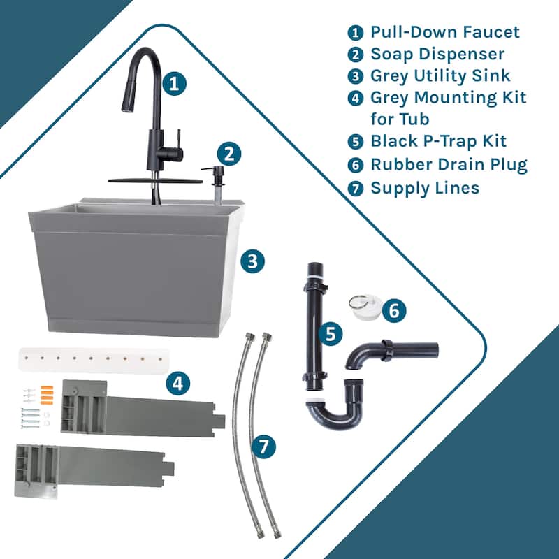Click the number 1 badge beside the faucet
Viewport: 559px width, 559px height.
click(x=175, y=85)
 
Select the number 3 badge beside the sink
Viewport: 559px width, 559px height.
click(x=253, y=261)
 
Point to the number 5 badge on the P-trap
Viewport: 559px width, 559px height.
click(x=328, y=333)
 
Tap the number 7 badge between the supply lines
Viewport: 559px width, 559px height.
click(x=263, y=447)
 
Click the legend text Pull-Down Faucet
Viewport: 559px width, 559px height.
click(x=445, y=32)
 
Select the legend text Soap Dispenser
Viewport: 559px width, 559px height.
click(x=437, y=54)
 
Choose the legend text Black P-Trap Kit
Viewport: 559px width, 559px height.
click(x=439, y=141)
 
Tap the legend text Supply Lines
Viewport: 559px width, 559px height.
click(x=425, y=187)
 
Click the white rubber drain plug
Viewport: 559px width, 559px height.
click(x=363, y=309)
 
